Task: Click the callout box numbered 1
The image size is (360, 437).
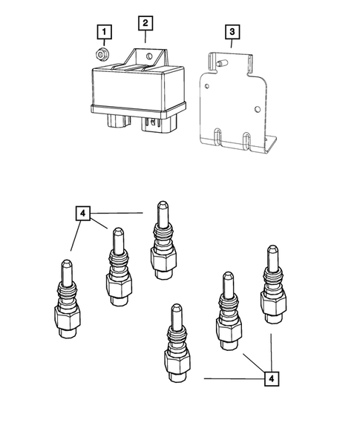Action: (x=105, y=32)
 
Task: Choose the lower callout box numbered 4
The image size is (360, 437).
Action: (x=272, y=378)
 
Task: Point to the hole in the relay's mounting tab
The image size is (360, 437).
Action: (x=149, y=56)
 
